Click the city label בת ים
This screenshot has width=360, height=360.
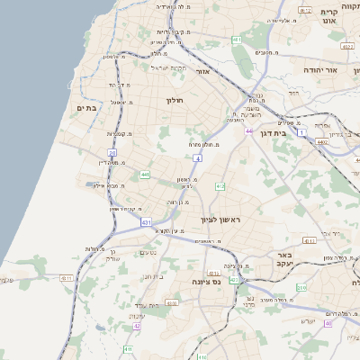coord(87,108)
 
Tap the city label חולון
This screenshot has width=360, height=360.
coord(175,100)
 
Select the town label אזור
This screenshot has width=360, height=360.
coord(202,70)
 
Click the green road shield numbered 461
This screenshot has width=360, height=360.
coord(236,41)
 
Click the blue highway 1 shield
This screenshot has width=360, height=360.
coord(302,133)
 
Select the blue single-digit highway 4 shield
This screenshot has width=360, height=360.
coord(197,157)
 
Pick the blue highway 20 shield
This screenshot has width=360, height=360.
coord(112,154)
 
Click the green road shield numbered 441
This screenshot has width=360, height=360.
coord(145,174)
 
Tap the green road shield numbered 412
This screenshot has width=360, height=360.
coord(220,186)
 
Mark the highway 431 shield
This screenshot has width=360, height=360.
coord(145,221)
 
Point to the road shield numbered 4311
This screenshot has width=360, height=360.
coord(309,240)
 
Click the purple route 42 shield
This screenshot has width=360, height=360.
coord(137,326)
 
